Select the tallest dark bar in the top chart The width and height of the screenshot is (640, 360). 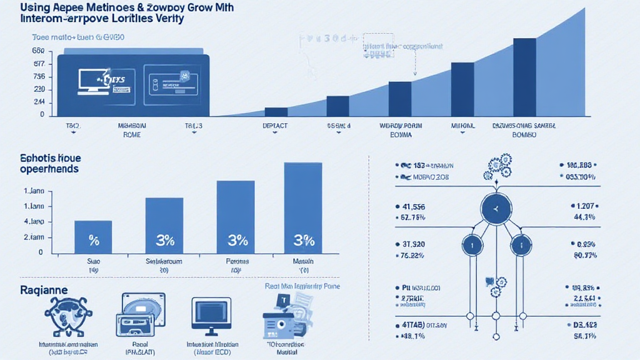pos(524,77)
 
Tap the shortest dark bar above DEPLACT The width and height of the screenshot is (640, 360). pos(276,112)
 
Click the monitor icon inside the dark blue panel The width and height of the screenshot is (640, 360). pos(93,81)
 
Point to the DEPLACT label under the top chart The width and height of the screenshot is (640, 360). pos(276,126)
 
